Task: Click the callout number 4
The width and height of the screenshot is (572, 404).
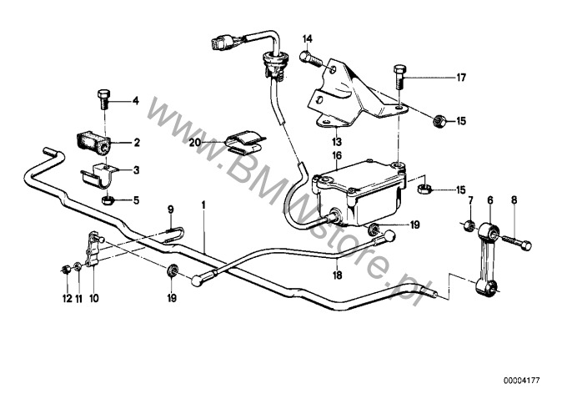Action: (136, 100)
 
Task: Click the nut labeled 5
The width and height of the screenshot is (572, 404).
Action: (108, 200)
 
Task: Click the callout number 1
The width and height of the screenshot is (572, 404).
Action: (203, 205)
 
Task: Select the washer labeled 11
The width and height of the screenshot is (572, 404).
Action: (78, 268)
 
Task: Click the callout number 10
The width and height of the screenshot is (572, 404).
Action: (93, 299)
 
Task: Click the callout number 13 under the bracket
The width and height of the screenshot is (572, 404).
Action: (336, 141)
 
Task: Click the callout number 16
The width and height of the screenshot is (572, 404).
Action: (337, 155)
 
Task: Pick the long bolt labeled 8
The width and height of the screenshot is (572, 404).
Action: (516, 242)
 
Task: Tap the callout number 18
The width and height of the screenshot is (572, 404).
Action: (338, 275)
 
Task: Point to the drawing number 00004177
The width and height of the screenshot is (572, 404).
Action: (521, 381)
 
